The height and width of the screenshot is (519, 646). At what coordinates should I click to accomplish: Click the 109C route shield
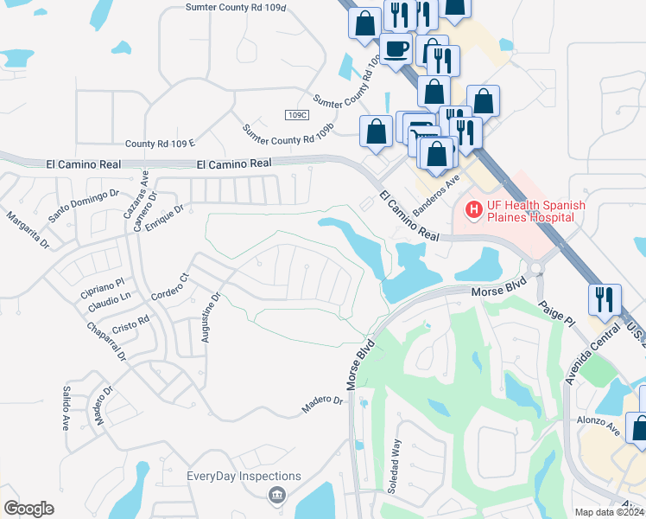(296, 114)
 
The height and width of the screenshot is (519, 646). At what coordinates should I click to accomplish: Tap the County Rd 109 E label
(161, 143)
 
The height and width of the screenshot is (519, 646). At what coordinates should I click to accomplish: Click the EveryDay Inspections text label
(244, 477)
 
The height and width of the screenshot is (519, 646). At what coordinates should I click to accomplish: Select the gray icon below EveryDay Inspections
(276, 495)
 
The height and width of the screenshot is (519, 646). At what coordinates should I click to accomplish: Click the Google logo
(28, 509)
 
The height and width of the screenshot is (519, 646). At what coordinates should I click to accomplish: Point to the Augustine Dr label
(211, 317)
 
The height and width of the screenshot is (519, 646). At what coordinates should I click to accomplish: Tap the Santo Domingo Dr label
(83, 207)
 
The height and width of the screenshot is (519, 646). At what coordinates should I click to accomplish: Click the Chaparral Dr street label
(106, 343)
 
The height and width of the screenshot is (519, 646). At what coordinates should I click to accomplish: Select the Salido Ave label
(65, 408)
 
